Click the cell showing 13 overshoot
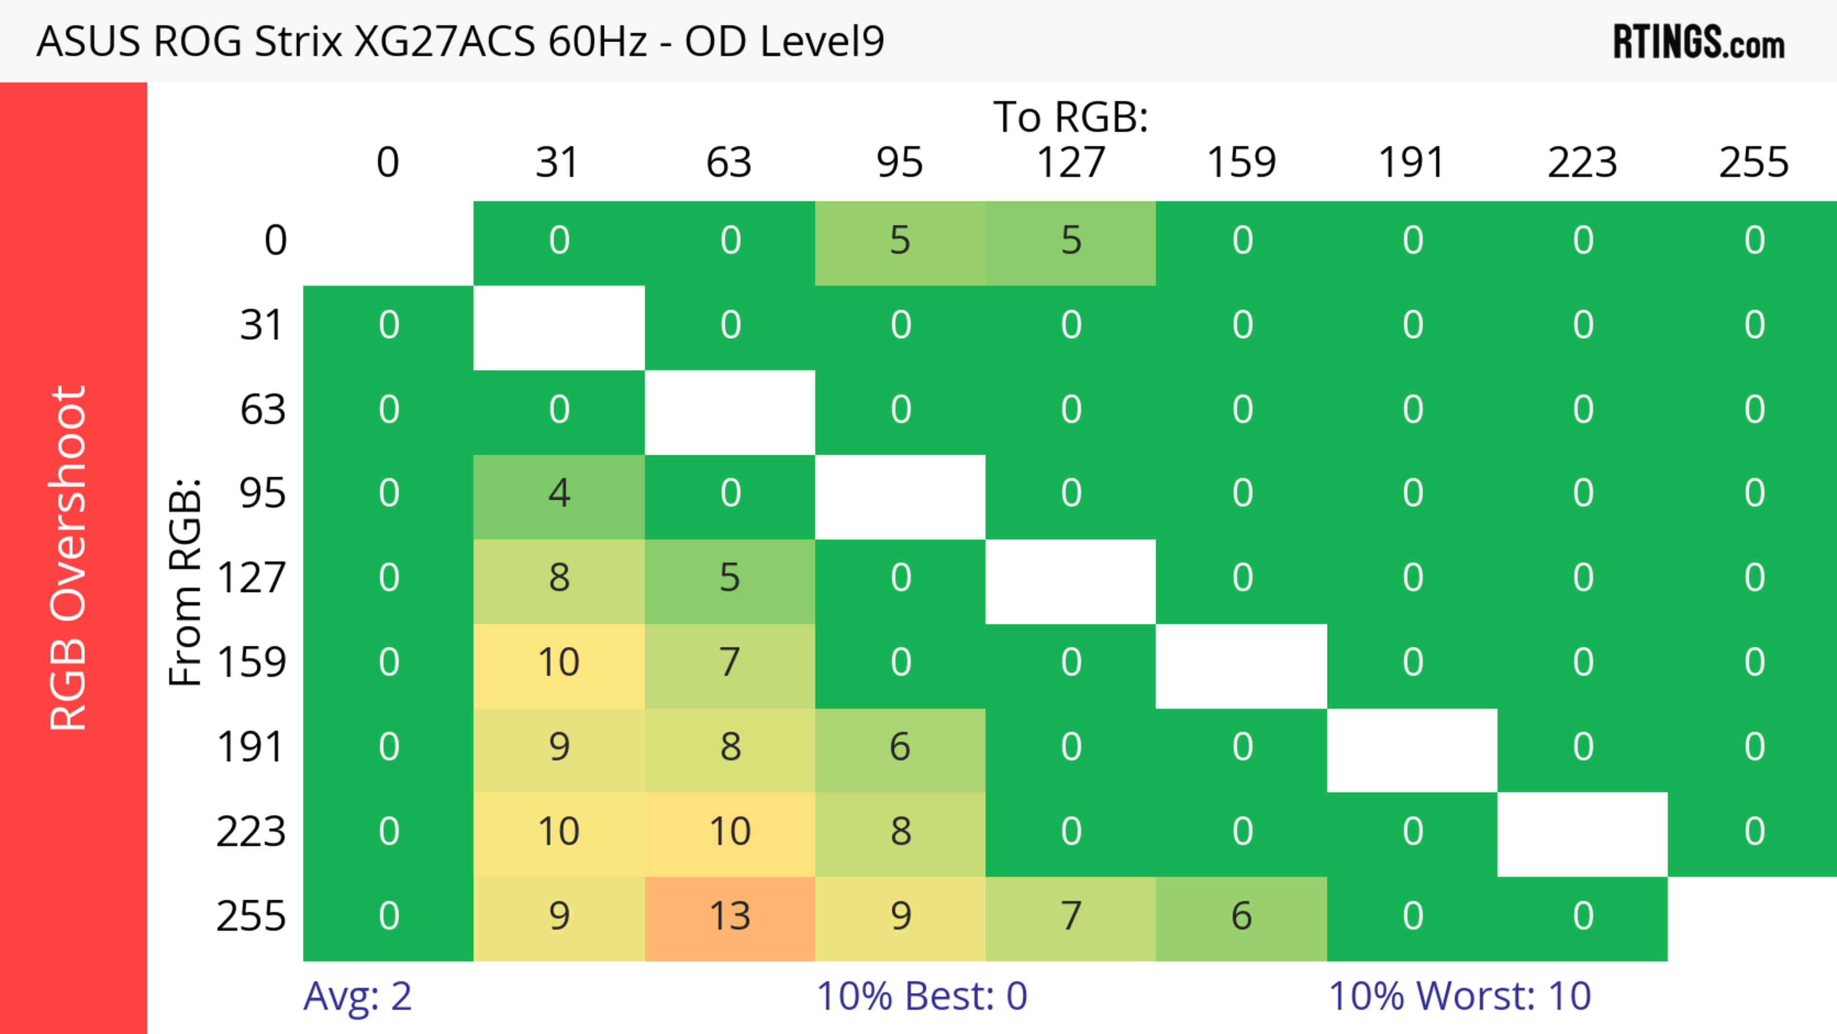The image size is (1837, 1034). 730,916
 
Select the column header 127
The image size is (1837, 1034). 1071,163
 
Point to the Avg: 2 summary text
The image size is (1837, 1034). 357,996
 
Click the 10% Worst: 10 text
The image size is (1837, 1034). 1459,996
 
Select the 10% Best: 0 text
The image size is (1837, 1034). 921,996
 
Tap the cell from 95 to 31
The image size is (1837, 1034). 559,493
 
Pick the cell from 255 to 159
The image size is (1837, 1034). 1241,916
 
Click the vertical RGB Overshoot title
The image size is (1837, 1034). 68,557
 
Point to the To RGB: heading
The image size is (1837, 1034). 1071,117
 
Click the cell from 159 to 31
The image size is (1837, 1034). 559,663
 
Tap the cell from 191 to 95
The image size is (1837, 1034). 900,747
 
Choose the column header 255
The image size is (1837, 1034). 1754,163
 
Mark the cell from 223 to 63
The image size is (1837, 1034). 730,832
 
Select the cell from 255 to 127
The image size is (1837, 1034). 1071,916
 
